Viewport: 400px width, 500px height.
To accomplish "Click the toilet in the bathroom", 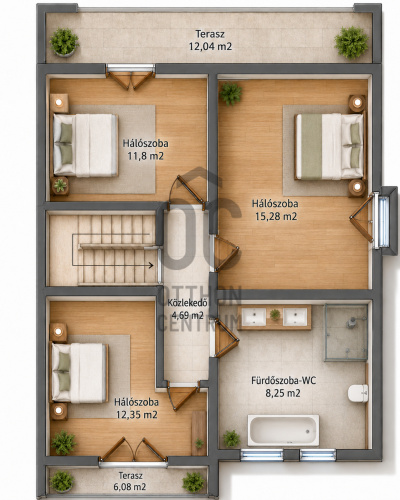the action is pyautogui.click(x=358, y=393).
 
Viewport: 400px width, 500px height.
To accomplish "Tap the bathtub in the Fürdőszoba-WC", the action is pyautogui.click(x=283, y=430).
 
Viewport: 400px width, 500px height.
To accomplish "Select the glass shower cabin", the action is pyautogui.click(x=346, y=332).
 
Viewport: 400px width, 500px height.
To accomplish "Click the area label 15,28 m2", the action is pyautogui.click(x=276, y=217).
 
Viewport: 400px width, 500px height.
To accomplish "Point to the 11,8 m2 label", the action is pyautogui.click(x=146, y=156).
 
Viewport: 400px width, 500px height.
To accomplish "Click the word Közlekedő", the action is pyautogui.click(x=188, y=303).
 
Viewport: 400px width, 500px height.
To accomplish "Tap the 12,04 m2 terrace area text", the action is pyautogui.click(x=210, y=46).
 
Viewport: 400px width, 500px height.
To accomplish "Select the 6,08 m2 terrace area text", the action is pyautogui.click(x=130, y=487).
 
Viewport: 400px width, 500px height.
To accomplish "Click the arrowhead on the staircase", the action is pyautogui.click(x=151, y=265).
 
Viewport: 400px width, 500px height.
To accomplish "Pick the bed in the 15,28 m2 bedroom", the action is pyautogui.click(x=329, y=146).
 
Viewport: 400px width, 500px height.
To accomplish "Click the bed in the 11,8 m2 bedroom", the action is pyautogui.click(x=86, y=145).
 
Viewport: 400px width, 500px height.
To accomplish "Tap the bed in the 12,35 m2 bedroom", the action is pyautogui.click(x=79, y=373).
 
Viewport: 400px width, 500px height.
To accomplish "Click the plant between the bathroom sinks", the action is pyautogui.click(x=275, y=314).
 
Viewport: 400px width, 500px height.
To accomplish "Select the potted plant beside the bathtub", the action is pyautogui.click(x=232, y=438).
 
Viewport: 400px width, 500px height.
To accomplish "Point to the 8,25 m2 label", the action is pyautogui.click(x=283, y=393).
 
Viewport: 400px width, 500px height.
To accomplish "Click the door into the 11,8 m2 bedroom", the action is pyautogui.click(x=187, y=193).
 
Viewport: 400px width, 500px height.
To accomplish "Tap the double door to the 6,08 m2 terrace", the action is pyautogui.click(x=133, y=450).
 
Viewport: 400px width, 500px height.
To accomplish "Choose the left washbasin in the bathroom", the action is pyautogui.click(x=254, y=317).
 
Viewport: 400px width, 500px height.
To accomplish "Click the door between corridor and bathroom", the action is pyautogui.click(x=226, y=338).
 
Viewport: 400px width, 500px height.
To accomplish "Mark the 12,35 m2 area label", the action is pyautogui.click(x=137, y=415).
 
